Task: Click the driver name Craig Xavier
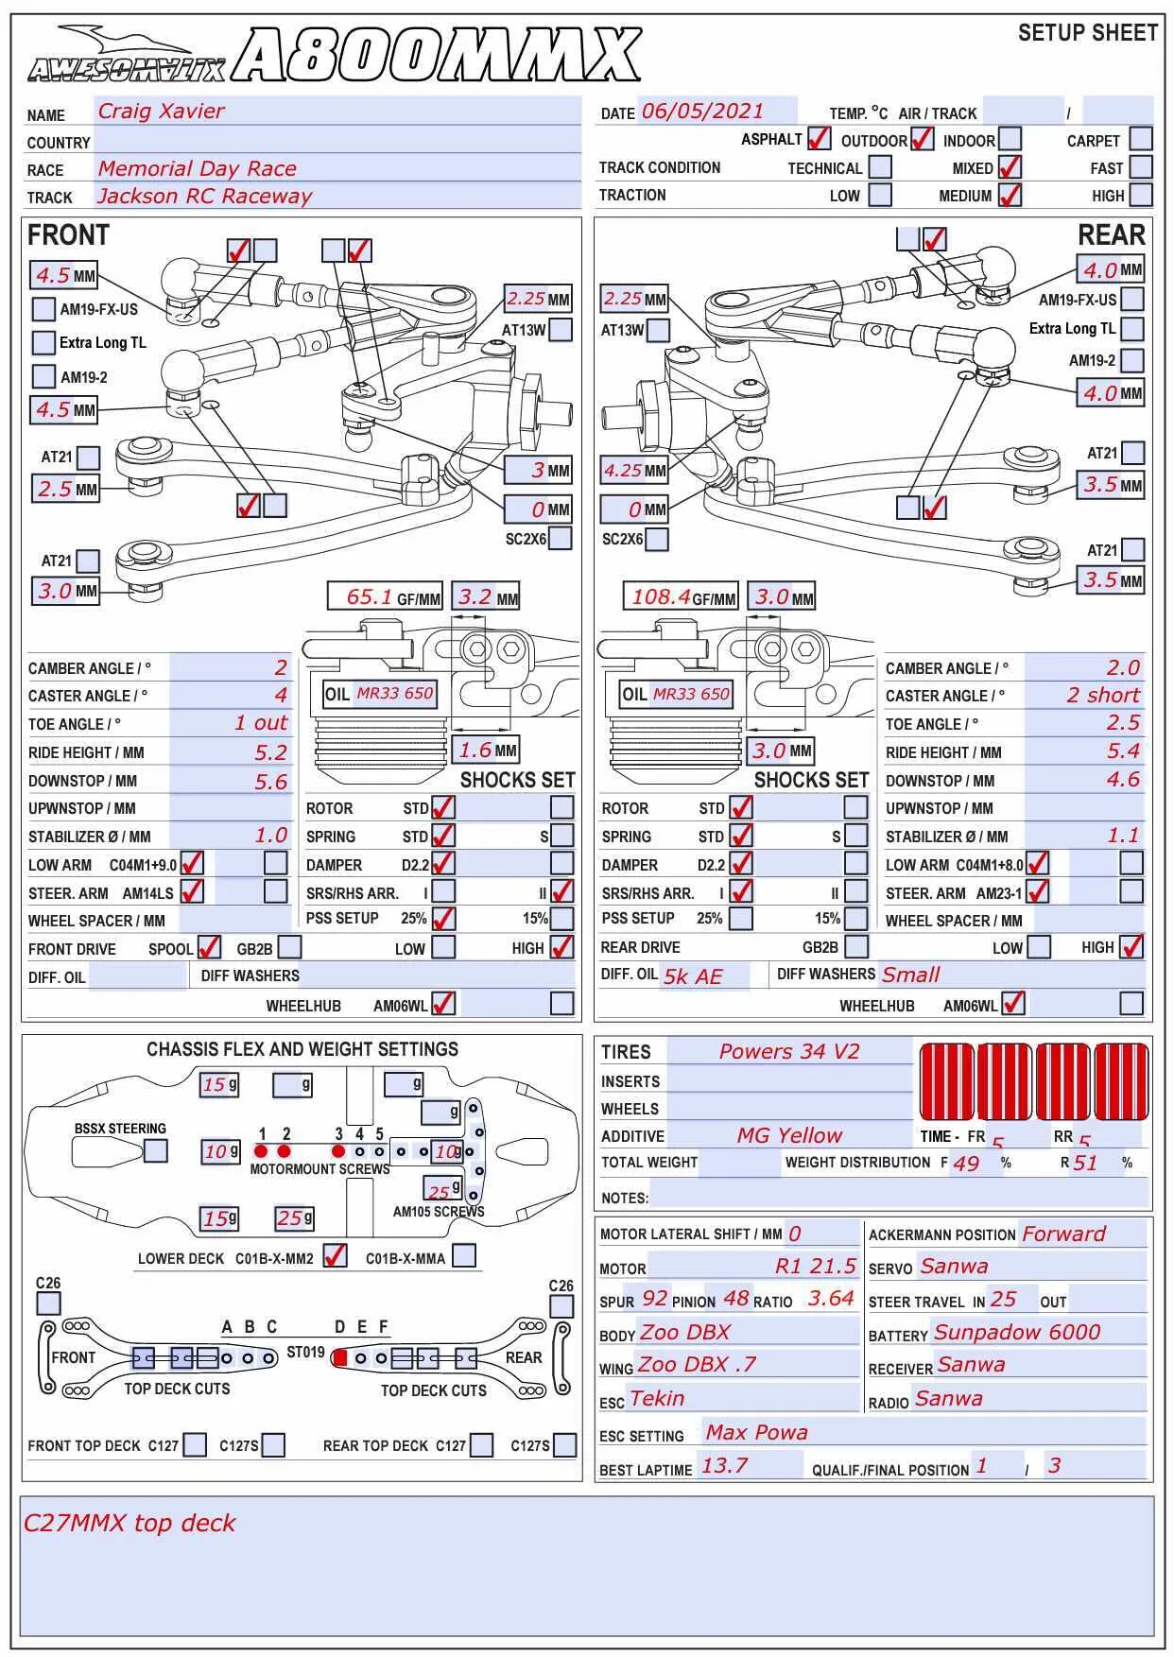click(x=162, y=112)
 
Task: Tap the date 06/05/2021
click(x=702, y=112)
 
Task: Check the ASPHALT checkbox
click(x=819, y=139)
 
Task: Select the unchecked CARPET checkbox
click(x=1141, y=139)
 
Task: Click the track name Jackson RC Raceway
click(x=204, y=197)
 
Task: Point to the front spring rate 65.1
click(x=370, y=597)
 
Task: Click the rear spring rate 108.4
click(x=662, y=597)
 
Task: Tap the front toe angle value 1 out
click(x=260, y=723)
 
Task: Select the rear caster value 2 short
click(x=1103, y=696)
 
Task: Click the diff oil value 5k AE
click(x=693, y=976)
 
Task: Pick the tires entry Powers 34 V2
click(x=789, y=1052)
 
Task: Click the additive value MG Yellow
click(x=789, y=1136)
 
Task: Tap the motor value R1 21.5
click(x=816, y=1267)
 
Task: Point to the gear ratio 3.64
click(x=831, y=1299)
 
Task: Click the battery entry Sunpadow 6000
click(x=1017, y=1333)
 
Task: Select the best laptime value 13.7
click(x=724, y=1466)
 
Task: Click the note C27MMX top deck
click(x=129, y=1523)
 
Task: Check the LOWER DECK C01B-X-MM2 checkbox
click(x=335, y=1256)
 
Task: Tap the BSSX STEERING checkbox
click(x=156, y=1150)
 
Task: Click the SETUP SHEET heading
click(x=1088, y=34)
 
